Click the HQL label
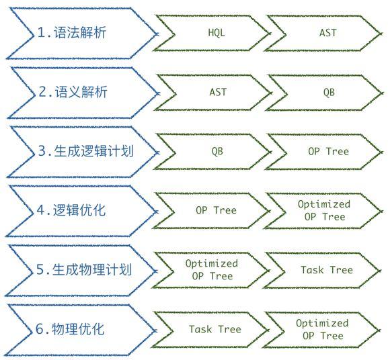coord(217,33)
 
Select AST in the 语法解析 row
coord(328,33)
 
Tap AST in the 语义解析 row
coord(218,92)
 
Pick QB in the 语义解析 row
coord(329,93)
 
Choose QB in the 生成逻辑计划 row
coord(217,152)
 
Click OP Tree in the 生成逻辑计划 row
coord(328,151)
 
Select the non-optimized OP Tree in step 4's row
coord(216,210)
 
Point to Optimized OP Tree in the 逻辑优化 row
coord(324,210)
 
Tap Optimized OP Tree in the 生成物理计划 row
coord(212,270)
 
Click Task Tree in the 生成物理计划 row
coord(327,270)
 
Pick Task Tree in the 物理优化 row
coord(215,329)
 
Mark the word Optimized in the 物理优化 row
coord(322,324)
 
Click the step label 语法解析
coord(80,33)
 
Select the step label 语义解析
coord(81,92)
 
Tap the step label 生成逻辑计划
coord(93,151)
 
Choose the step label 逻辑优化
coord(79,210)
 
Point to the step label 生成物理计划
coord(92,269)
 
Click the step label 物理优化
coord(78,329)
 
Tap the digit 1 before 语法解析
coord(41,33)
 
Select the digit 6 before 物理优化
coord(40,329)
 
